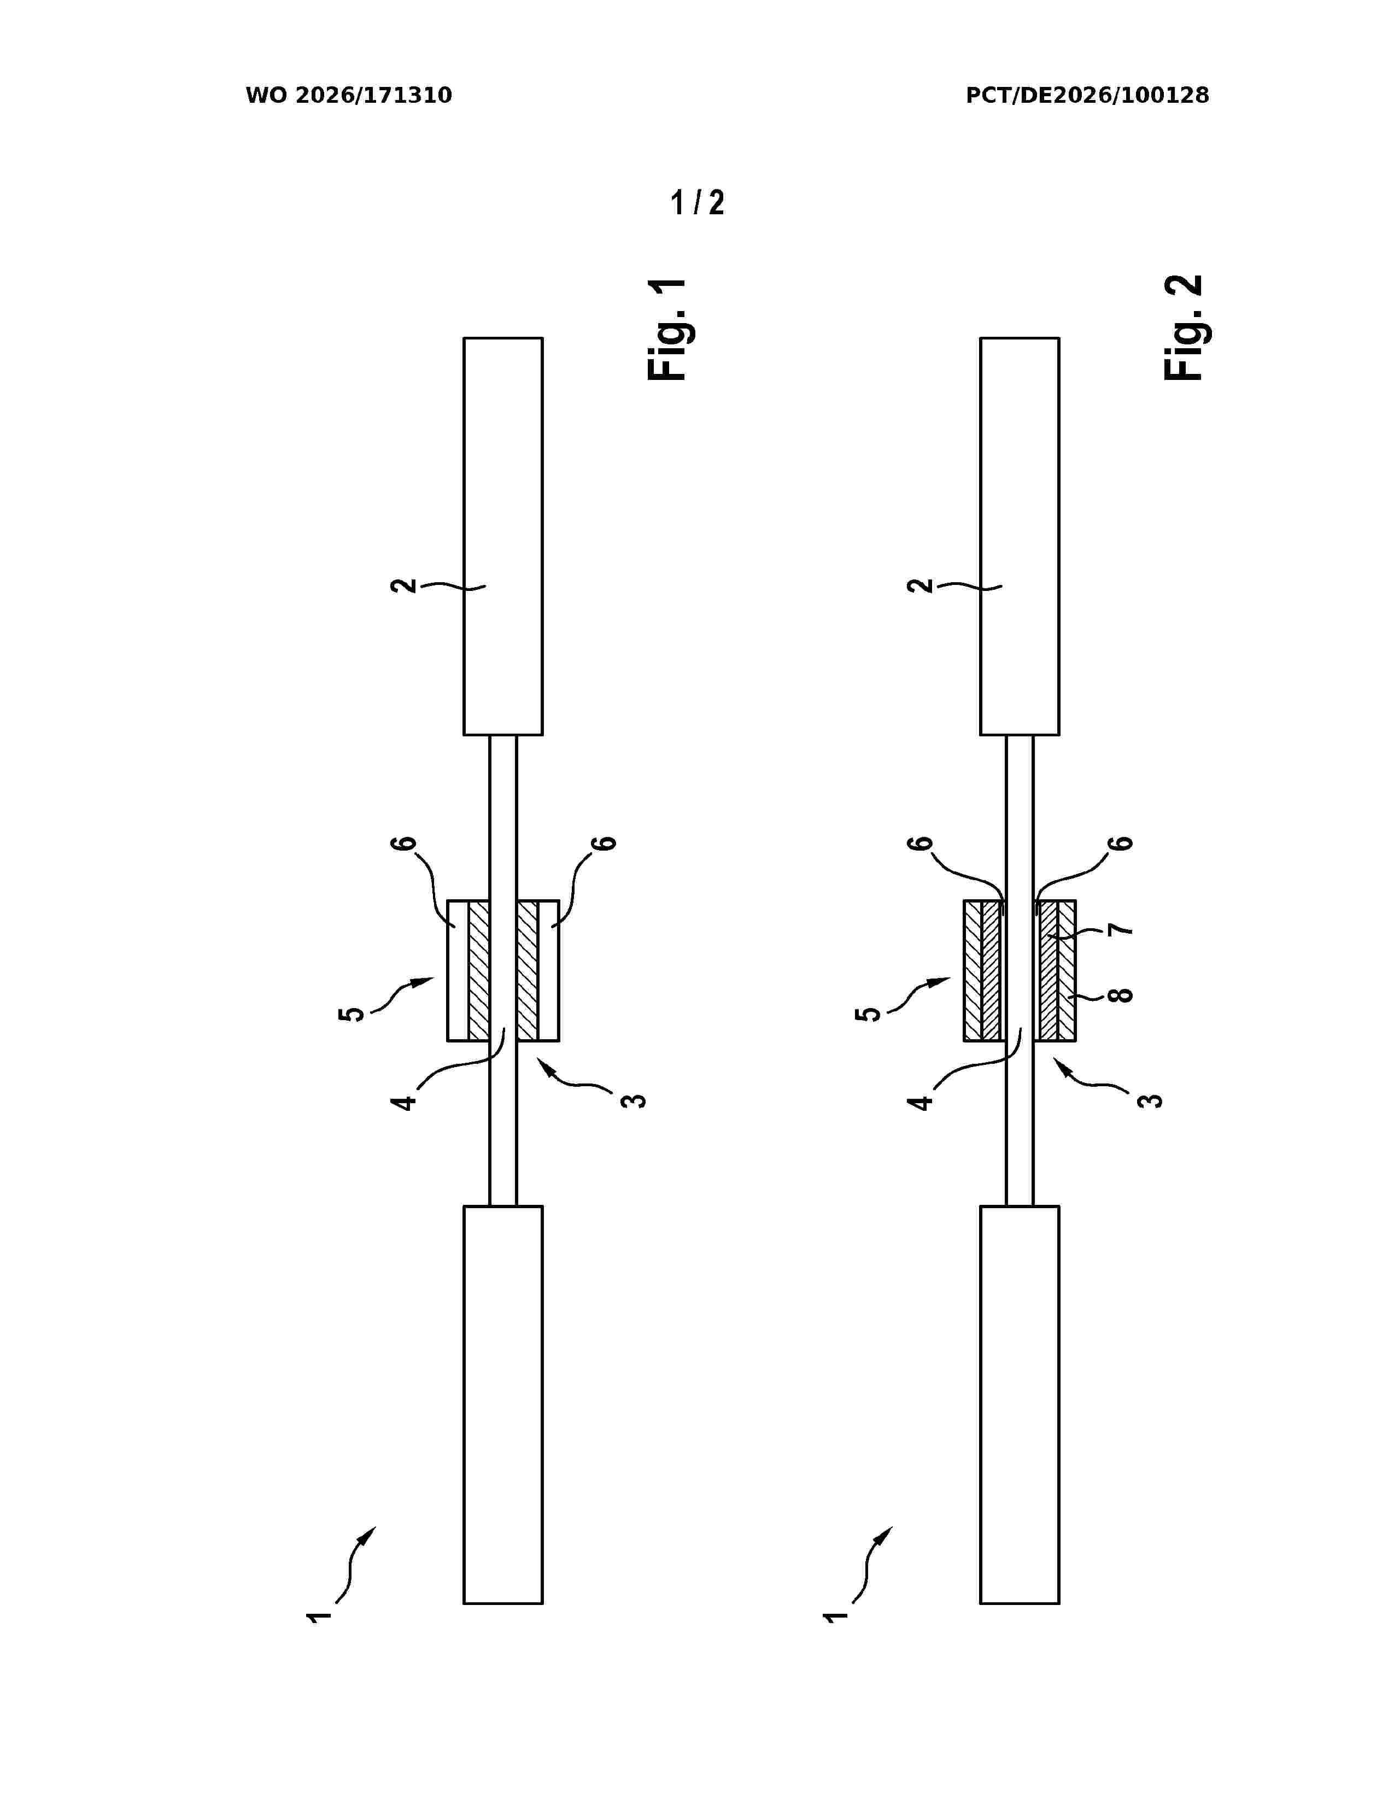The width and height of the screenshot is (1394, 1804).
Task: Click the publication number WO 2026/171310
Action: click(349, 96)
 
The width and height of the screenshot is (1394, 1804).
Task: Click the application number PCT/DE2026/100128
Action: click(1088, 96)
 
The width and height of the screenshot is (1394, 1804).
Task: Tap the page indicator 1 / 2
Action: click(698, 202)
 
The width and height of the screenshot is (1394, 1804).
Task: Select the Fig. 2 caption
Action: click(1184, 328)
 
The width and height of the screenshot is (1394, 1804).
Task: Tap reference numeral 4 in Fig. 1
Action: click(405, 1101)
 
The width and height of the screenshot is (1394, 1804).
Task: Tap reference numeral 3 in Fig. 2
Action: click(1150, 1100)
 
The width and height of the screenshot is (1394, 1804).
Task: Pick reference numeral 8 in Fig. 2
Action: click(1119, 994)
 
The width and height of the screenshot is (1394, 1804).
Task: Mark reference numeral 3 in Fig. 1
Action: click(634, 1100)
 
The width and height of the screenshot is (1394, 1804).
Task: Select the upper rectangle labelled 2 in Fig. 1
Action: click(503, 536)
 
